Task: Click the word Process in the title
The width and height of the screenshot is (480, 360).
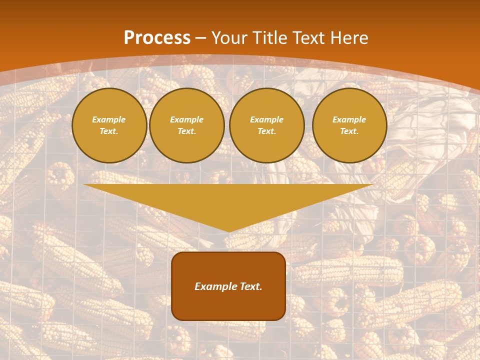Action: coord(157,38)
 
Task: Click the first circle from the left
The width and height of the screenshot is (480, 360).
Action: coord(109,125)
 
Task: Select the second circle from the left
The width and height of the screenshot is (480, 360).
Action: coord(186,125)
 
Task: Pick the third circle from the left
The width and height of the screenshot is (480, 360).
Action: coord(266,125)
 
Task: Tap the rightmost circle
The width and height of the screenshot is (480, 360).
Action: coord(349,125)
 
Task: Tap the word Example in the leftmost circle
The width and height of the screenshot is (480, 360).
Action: coord(109,120)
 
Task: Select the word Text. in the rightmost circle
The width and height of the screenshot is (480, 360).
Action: coord(349,131)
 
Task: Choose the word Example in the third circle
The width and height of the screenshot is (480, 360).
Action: coord(266,120)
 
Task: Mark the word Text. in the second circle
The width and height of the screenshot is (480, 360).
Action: coord(186,131)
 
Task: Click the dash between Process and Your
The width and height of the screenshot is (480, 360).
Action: coord(200,38)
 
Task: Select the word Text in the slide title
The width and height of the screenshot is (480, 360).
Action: coord(308,38)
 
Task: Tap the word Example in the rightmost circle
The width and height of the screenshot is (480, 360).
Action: coord(349,120)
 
